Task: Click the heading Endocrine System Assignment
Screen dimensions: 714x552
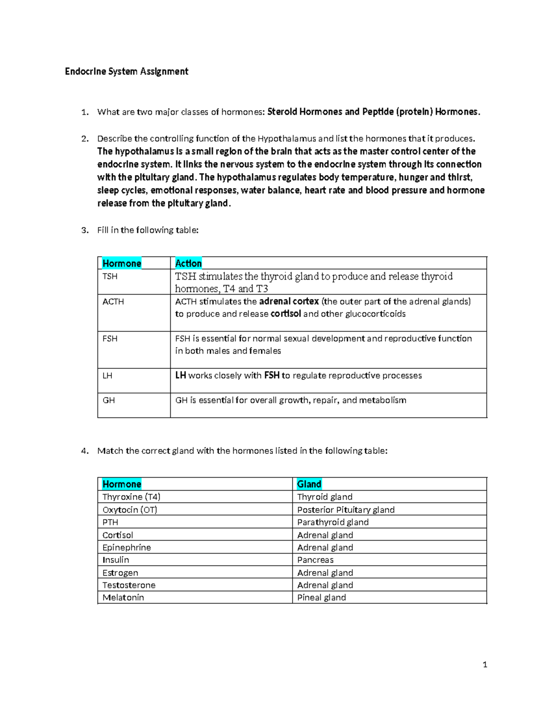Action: [x=126, y=71]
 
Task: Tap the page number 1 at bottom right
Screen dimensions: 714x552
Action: [x=485, y=664]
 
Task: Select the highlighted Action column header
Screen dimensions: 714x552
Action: [x=188, y=263]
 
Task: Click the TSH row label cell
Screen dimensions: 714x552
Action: [x=110, y=276]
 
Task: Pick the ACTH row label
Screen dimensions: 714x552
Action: [x=113, y=302]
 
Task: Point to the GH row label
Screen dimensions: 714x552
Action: [x=109, y=400]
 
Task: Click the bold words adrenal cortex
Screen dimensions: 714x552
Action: [x=289, y=302]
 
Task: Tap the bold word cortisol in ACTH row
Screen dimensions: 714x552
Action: [x=286, y=314]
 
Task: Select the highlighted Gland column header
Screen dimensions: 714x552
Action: [x=309, y=484]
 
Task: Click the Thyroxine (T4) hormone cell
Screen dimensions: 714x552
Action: [x=132, y=497]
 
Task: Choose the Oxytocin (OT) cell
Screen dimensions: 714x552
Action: [x=130, y=510]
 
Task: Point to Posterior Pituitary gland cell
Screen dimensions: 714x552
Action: [x=346, y=510]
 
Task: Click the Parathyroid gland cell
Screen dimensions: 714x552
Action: [x=333, y=522]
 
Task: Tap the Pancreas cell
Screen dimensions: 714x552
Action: [x=315, y=560]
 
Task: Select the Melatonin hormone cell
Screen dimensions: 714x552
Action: [x=123, y=598]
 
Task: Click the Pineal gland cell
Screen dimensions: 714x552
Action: [x=322, y=598]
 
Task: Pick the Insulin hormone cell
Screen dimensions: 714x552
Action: [x=115, y=560]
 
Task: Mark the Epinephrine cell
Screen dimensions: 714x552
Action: [x=126, y=548]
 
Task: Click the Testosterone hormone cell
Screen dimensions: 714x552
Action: [x=129, y=585]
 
